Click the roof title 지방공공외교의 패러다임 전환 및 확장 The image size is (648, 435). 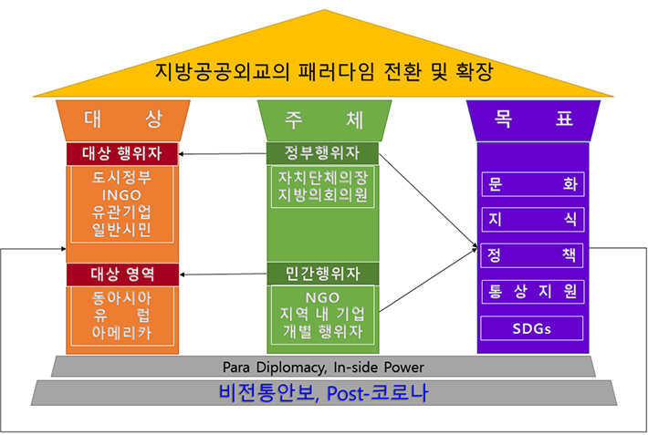click(x=324, y=71)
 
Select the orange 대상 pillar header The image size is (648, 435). click(x=122, y=120)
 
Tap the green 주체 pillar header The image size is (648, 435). click(x=324, y=120)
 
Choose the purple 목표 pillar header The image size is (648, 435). click(x=533, y=120)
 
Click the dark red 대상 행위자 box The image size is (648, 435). click(x=122, y=154)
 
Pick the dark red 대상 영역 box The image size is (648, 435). click(x=122, y=274)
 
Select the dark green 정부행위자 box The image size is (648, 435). click(x=322, y=153)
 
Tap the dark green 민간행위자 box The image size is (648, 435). click(x=323, y=274)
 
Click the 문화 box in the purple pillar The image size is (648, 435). click(x=533, y=184)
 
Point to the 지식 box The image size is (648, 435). click(x=533, y=220)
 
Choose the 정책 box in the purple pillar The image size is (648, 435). click(x=532, y=255)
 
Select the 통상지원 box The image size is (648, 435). click(x=533, y=292)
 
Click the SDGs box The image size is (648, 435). click(x=532, y=328)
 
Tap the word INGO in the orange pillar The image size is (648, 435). click(x=121, y=194)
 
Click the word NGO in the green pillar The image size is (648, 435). click(x=322, y=297)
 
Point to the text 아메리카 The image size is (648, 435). click(x=121, y=333)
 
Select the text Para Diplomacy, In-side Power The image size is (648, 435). click(x=323, y=367)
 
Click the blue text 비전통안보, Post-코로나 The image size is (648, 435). click(x=323, y=392)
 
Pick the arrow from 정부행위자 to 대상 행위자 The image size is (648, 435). click(x=223, y=154)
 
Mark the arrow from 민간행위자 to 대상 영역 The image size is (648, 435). click(x=224, y=274)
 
